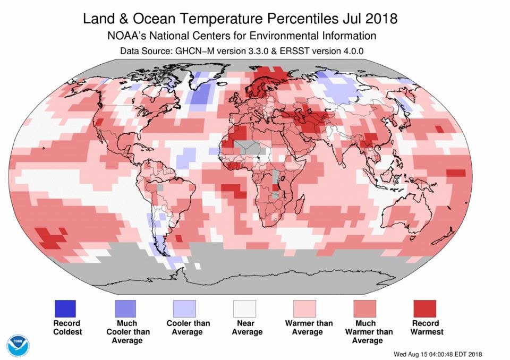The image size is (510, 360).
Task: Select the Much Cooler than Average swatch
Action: click(x=126, y=308)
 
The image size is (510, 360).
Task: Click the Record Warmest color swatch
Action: click(x=425, y=308)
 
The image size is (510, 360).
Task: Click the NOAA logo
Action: click(x=19, y=345)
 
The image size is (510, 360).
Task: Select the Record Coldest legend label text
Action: click(x=66, y=328)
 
